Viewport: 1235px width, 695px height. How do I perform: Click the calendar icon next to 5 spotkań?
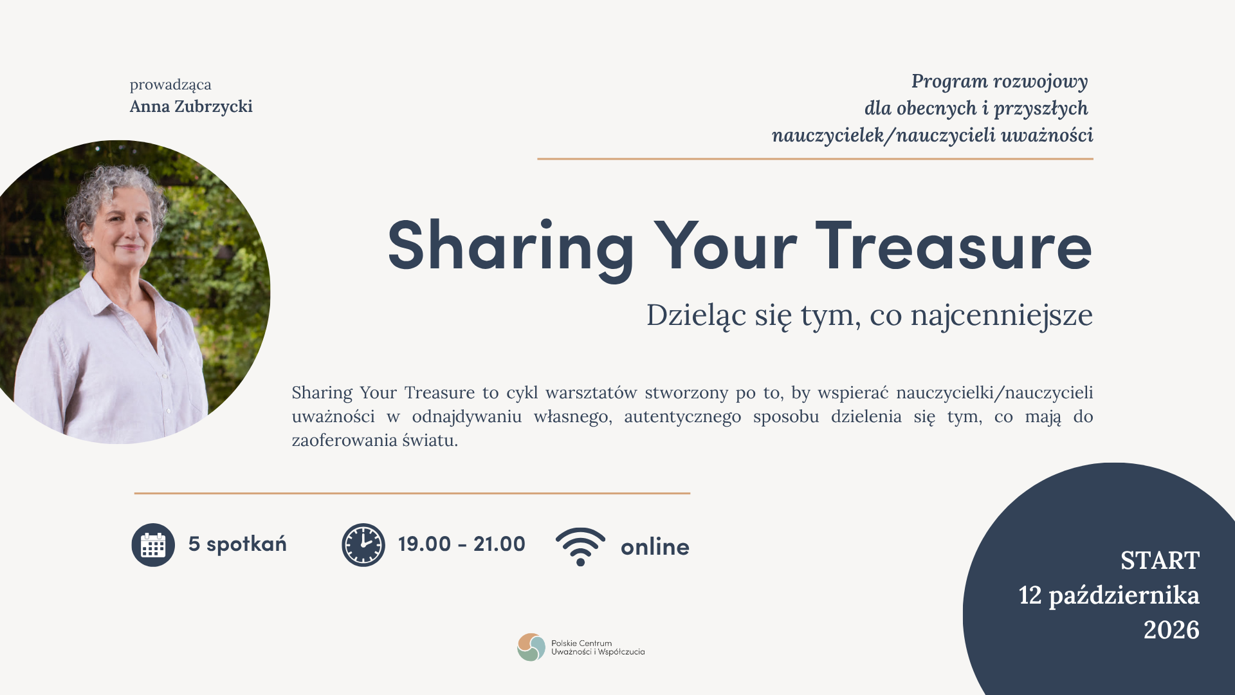(153, 545)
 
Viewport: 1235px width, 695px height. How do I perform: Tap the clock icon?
(363, 545)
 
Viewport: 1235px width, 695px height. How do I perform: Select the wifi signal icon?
(580, 546)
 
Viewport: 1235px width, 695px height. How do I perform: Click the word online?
(655, 547)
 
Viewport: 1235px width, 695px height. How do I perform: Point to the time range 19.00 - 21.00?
(462, 544)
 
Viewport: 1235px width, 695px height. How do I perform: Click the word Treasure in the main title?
(954, 246)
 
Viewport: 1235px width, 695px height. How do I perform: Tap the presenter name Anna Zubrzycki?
(191, 106)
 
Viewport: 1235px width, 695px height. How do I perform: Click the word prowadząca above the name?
(170, 85)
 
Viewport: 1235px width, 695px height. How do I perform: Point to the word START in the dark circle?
(1160, 561)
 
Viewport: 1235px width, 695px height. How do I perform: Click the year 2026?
(1171, 629)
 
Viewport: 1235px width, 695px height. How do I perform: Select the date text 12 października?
(1109, 595)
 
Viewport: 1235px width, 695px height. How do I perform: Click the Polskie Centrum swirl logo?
(531, 647)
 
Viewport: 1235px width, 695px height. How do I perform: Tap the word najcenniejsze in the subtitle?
(1002, 316)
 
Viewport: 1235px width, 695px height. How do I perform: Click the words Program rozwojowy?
(1000, 82)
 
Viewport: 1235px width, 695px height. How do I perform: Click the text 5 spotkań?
(237, 544)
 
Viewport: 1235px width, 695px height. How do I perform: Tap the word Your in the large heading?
(726, 246)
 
